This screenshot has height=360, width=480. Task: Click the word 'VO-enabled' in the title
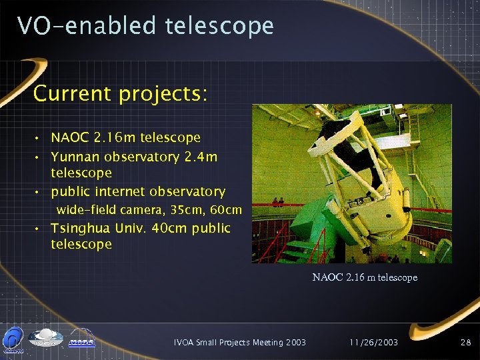click(86, 25)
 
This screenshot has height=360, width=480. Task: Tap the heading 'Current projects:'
click(120, 93)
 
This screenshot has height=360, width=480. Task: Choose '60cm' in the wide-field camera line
click(225, 210)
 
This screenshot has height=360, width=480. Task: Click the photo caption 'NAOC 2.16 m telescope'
click(365, 277)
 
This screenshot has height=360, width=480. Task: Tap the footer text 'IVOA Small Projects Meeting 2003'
click(239, 342)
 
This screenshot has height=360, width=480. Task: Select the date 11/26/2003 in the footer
click(373, 342)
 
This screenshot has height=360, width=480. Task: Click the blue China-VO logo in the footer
click(12, 339)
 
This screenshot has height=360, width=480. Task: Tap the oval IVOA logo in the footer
click(45, 338)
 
